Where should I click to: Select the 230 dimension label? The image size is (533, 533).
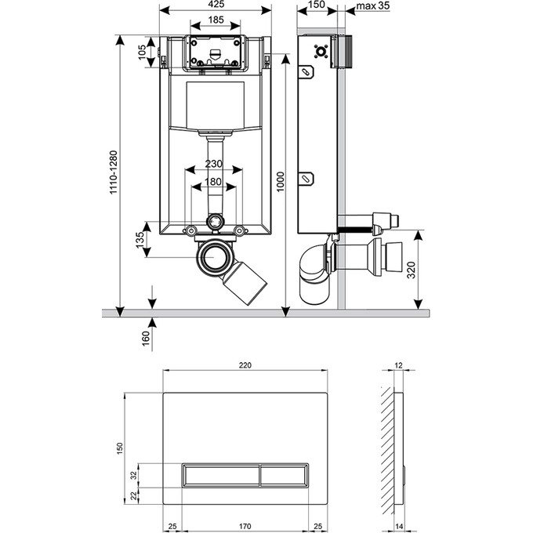coord(214,164)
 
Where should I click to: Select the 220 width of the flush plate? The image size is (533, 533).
coord(245,364)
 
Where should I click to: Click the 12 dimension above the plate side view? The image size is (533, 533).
coord(398,364)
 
